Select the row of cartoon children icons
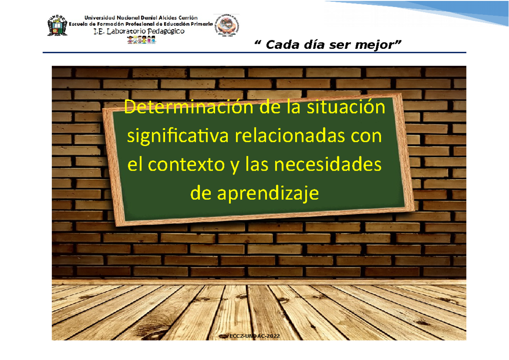[141, 40]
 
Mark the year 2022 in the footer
[273, 336]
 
